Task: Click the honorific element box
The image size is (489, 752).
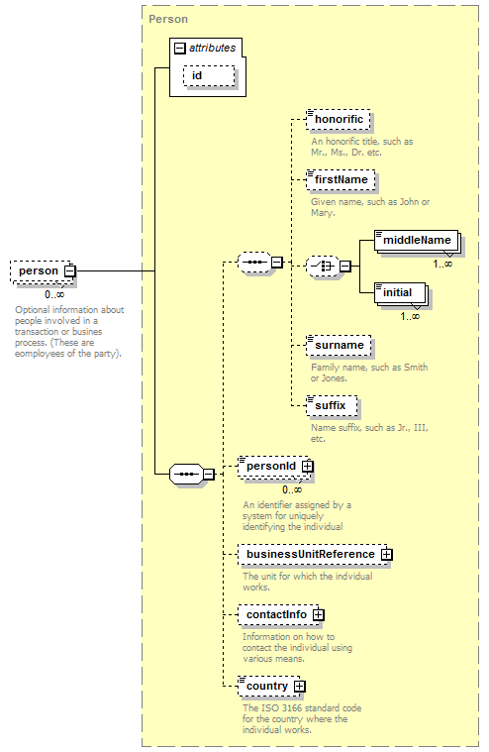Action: pyautogui.click(x=339, y=120)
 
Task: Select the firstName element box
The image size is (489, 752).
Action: pyautogui.click(x=341, y=180)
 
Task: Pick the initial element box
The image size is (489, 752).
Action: pyautogui.click(x=400, y=293)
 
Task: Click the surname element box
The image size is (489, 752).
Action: pyautogui.click(x=339, y=346)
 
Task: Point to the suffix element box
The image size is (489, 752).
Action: pyautogui.click(x=332, y=406)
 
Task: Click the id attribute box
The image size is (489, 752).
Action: pyautogui.click(x=209, y=75)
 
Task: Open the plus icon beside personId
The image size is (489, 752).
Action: pyautogui.click(x=308, y=467)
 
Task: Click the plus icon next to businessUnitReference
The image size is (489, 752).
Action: pyautogui.click(x=386, y=555)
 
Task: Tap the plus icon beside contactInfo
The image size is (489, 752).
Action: pyautogui.click(x=319, y=615)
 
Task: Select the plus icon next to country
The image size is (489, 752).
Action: pyautogui.click(x=299, y=687)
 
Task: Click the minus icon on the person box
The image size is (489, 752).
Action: pyautogui.click(x=70, y=270)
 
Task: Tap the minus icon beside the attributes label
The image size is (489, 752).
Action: pyautogui.click(x=179, y=48)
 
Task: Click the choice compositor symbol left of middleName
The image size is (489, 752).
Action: pyautogui.click(x=322, y=266)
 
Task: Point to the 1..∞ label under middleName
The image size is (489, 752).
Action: pyautogui.click(x=442, y=264)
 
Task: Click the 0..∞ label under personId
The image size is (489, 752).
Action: pyautogui.click(x=292, y=489)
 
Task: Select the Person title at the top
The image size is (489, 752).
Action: pyautogui.click(x=168, y=19)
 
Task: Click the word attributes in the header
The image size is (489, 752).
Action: pyautogui.click(x=212, y=48)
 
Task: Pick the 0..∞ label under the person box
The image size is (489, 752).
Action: pyautogui.click(x=54, y=294)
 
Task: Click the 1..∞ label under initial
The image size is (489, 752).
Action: pyautogui.click(x=410, y=316)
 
